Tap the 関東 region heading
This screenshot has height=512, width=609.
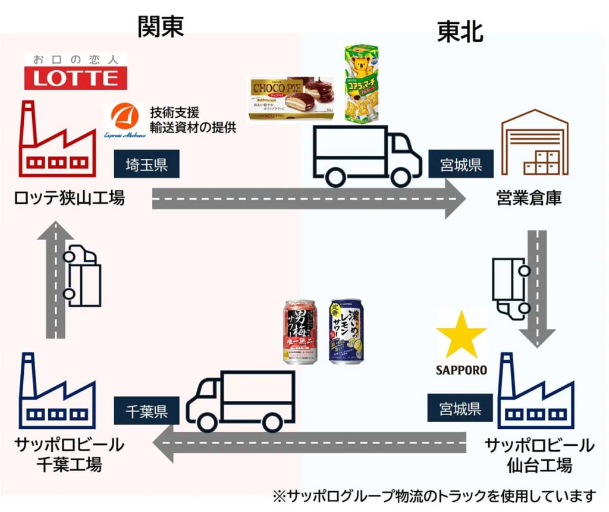click(x=161, y=26)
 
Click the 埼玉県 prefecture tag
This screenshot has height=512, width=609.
click(x=146, y=165)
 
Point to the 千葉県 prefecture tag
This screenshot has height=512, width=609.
click(x=146, y=411)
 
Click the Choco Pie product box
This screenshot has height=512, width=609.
click(x=291, y=98)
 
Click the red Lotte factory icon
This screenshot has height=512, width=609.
click(x=56, y=142)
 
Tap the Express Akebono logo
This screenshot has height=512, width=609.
click(x=124, y=122)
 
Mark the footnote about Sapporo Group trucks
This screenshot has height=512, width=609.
click(x=434, y=495)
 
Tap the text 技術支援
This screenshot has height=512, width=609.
click(x=174, y=112)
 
